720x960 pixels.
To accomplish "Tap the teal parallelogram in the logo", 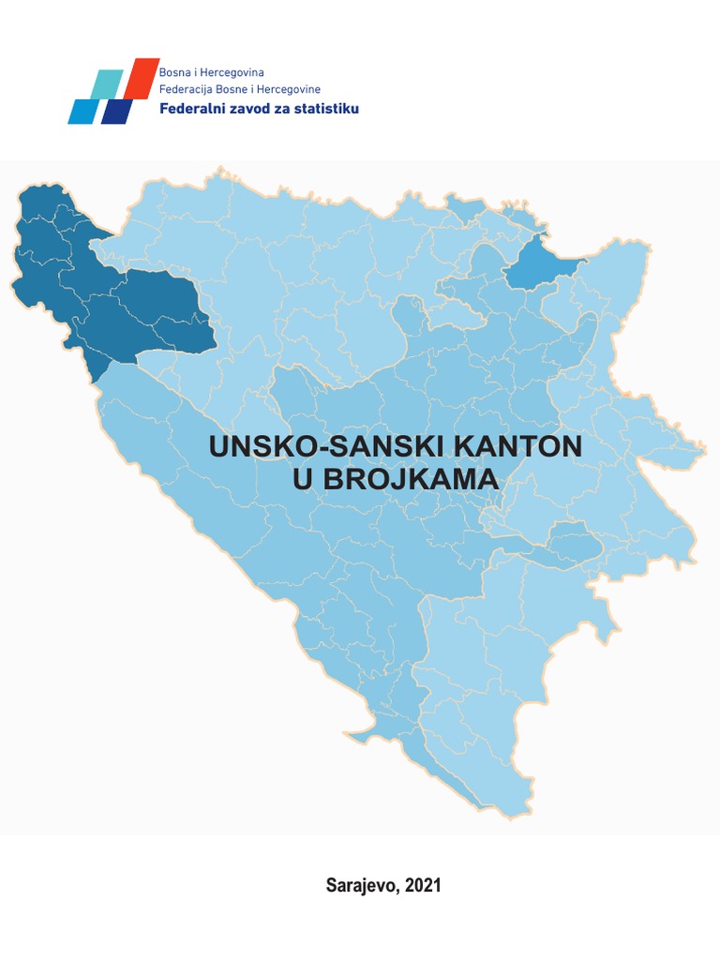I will tap(107, 84).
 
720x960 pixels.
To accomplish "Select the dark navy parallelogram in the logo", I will tap(117, 112).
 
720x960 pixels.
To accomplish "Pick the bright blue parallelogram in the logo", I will tap(82, 112).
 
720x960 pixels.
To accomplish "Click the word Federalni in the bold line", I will tap(193, 109).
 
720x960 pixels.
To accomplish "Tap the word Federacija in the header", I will tap(187, 89).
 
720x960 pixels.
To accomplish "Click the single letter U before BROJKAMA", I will tap(306, 479).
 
